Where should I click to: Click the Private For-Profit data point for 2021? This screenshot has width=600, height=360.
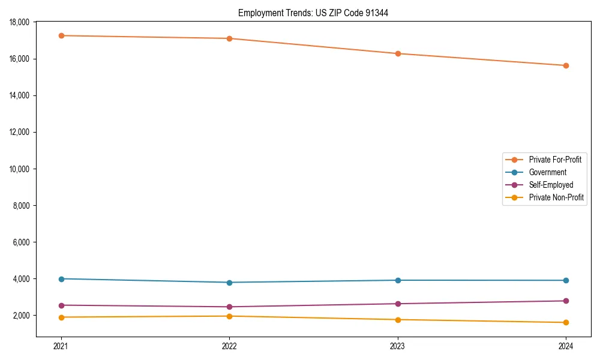click(61, 35)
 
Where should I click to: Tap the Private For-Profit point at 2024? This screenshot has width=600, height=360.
click(566, 65)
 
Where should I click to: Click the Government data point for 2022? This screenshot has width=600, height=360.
click(229, 283)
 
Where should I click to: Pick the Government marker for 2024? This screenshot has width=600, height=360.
click(566, 280)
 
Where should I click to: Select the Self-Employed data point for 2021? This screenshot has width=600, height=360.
click(61, 305)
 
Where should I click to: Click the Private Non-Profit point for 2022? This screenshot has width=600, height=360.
click(229, 316)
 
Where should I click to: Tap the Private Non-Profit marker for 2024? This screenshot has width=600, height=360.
click(566, 323)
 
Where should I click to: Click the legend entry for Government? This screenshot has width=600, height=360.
click(547, 172)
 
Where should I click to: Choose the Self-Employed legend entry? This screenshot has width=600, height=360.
click(551, 185)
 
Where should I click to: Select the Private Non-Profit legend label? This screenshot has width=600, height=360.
click(556, 197)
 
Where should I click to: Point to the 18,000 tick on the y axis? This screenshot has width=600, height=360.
click(21, 22)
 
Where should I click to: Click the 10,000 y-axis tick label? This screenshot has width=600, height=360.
click(21, 169)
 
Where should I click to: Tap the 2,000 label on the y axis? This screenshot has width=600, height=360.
click(23, 316)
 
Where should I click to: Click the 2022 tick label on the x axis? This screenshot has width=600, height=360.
click(229, 346)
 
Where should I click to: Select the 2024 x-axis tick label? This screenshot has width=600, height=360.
click(566, 346)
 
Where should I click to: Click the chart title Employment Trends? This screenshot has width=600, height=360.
click(313, 13)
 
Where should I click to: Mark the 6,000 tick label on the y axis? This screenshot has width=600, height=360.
click(23, 242)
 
